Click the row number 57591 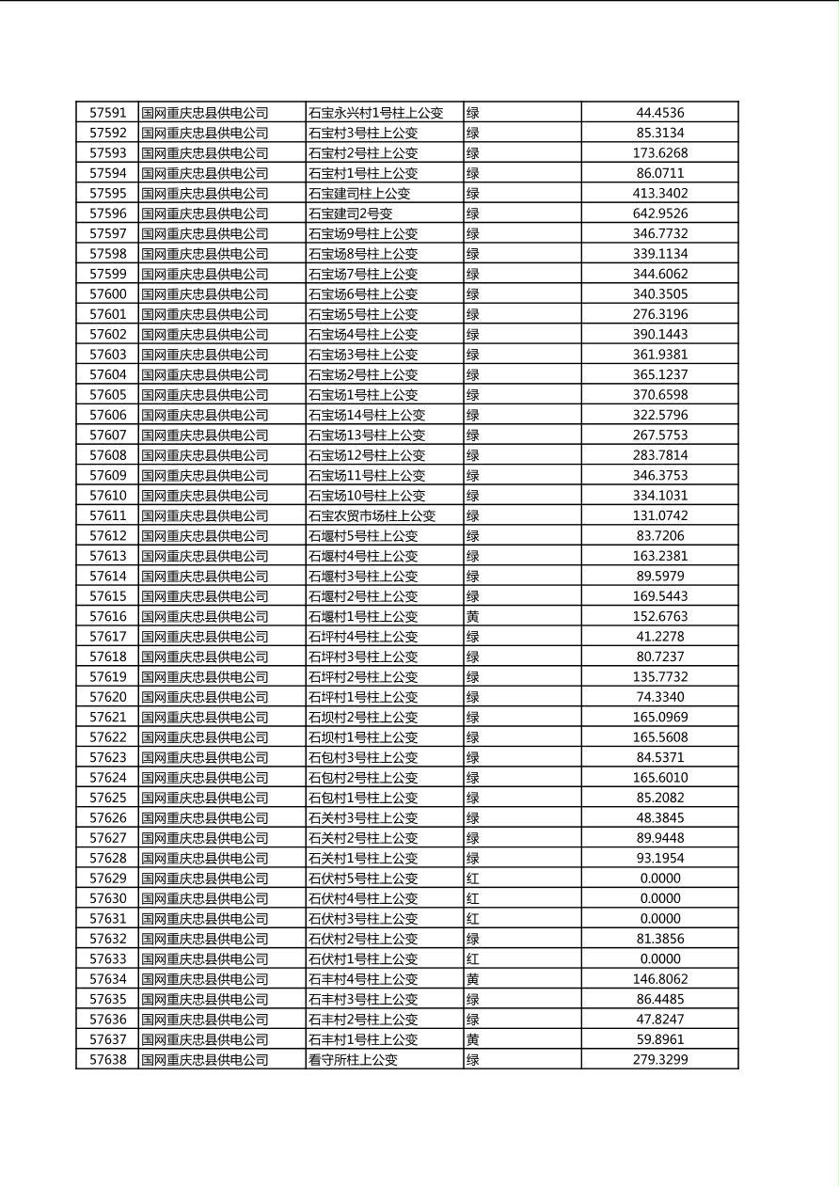coord(107,113)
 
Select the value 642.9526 coord(659,214)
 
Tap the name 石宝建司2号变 coord(351,214)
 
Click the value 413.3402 coord(659,194)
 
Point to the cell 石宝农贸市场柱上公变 coord(372,515)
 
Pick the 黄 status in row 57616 coord(473,616)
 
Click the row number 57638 coord(107,1059)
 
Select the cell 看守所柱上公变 coord(354,1059)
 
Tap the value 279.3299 coord(659,1059)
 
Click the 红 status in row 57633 coord(473,958)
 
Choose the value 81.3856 coord(659,939)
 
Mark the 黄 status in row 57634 coord(473,979)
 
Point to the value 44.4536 coord(659,113)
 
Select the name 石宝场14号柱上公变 coord(367,415)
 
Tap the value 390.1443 coord(659,334)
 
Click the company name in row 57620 coord(205,697)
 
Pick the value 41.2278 coord(659,637)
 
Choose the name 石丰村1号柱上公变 coord(363,1039)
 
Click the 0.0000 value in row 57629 coord(659,878)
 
